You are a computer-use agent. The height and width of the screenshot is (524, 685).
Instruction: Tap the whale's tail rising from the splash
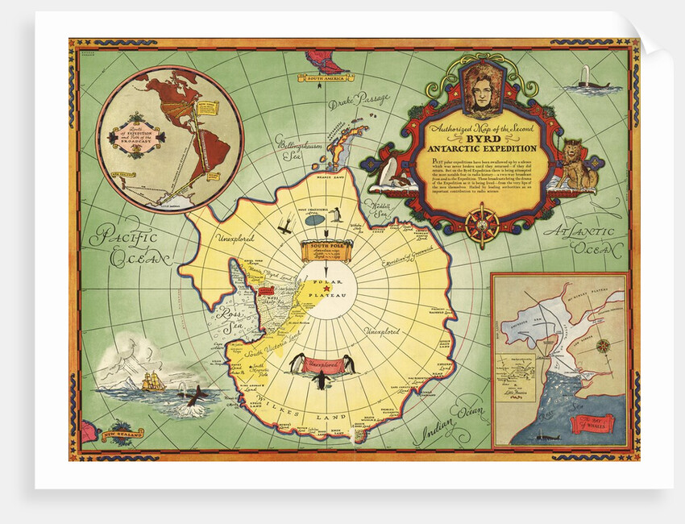[x=193, y=394]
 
